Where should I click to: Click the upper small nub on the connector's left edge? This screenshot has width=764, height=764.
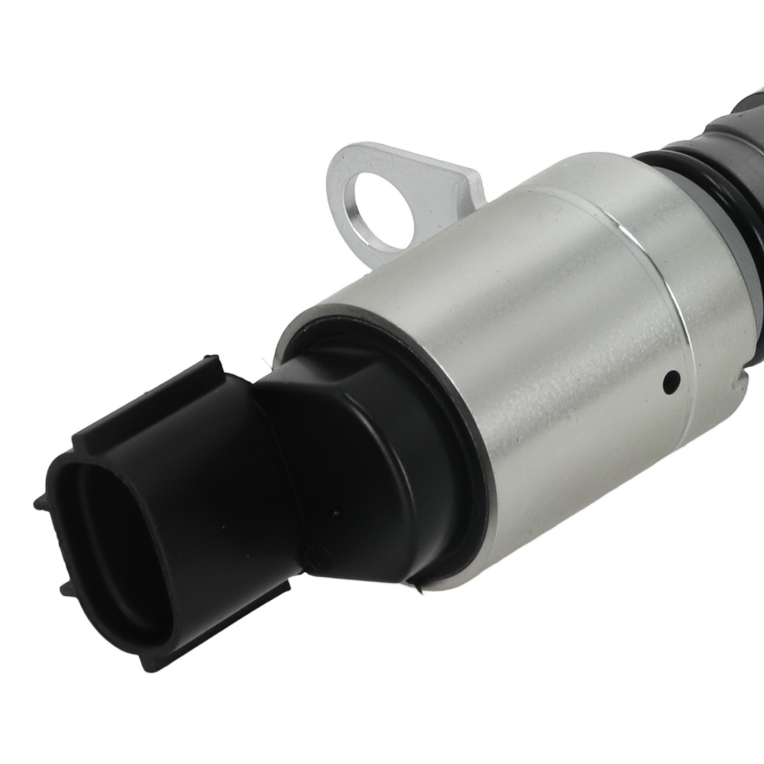tap(39, 501)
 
